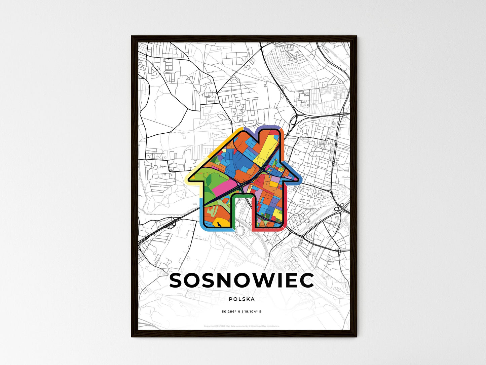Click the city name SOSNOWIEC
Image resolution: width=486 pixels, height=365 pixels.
[241, 280]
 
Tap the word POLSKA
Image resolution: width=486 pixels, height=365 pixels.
[241, 299]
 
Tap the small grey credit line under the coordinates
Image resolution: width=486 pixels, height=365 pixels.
[241, 326]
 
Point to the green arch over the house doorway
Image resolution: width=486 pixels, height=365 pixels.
[242, 195]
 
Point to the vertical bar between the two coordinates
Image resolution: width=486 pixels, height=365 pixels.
[241, 312]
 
